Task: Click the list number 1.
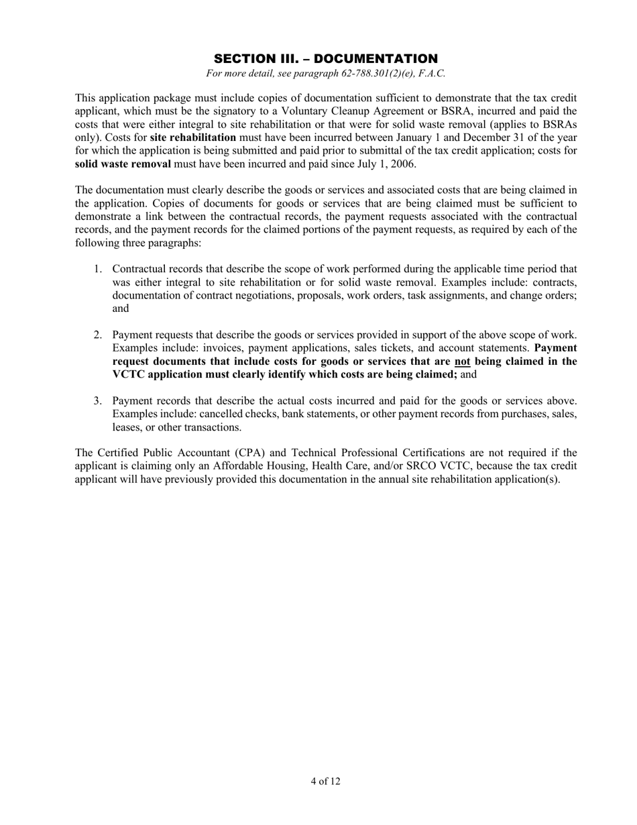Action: pos(97,269)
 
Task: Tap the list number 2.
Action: pos(97,335)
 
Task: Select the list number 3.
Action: pos(97,401)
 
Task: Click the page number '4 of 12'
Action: pos(325,781)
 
